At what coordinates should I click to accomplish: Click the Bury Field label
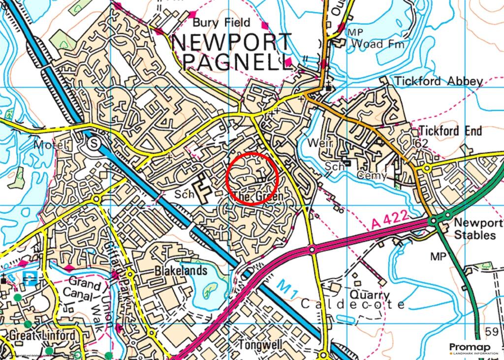(221, 23)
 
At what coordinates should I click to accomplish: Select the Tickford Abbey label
(438, 81)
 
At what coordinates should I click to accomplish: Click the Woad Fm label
(378, 44)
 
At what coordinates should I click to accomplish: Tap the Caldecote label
(353, 304)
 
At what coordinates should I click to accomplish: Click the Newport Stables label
(474, 228)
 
